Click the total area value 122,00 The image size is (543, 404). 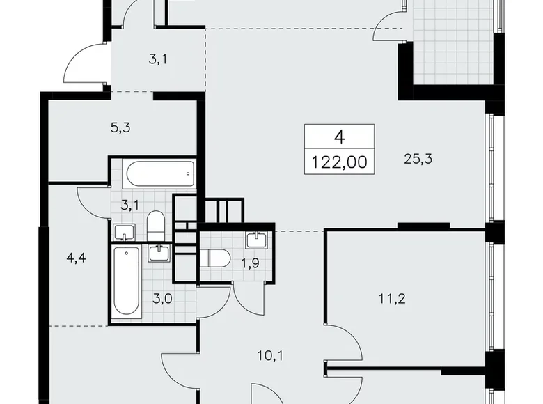340,162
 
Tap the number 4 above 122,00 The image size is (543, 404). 340,137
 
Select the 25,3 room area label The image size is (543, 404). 418,159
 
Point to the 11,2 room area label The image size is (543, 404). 392,298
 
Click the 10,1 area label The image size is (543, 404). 270,355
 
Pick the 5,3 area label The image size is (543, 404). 120,128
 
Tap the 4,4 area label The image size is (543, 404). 76,258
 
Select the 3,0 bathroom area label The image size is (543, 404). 162,298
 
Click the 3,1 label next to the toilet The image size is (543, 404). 129,205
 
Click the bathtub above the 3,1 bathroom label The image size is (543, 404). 159,174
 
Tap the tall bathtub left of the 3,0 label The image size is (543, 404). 127,281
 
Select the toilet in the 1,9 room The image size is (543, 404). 215,258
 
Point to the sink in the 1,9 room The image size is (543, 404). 257,240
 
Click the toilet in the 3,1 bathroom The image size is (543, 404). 155,226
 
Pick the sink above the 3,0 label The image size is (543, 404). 159,253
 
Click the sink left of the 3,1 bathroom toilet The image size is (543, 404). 124,232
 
